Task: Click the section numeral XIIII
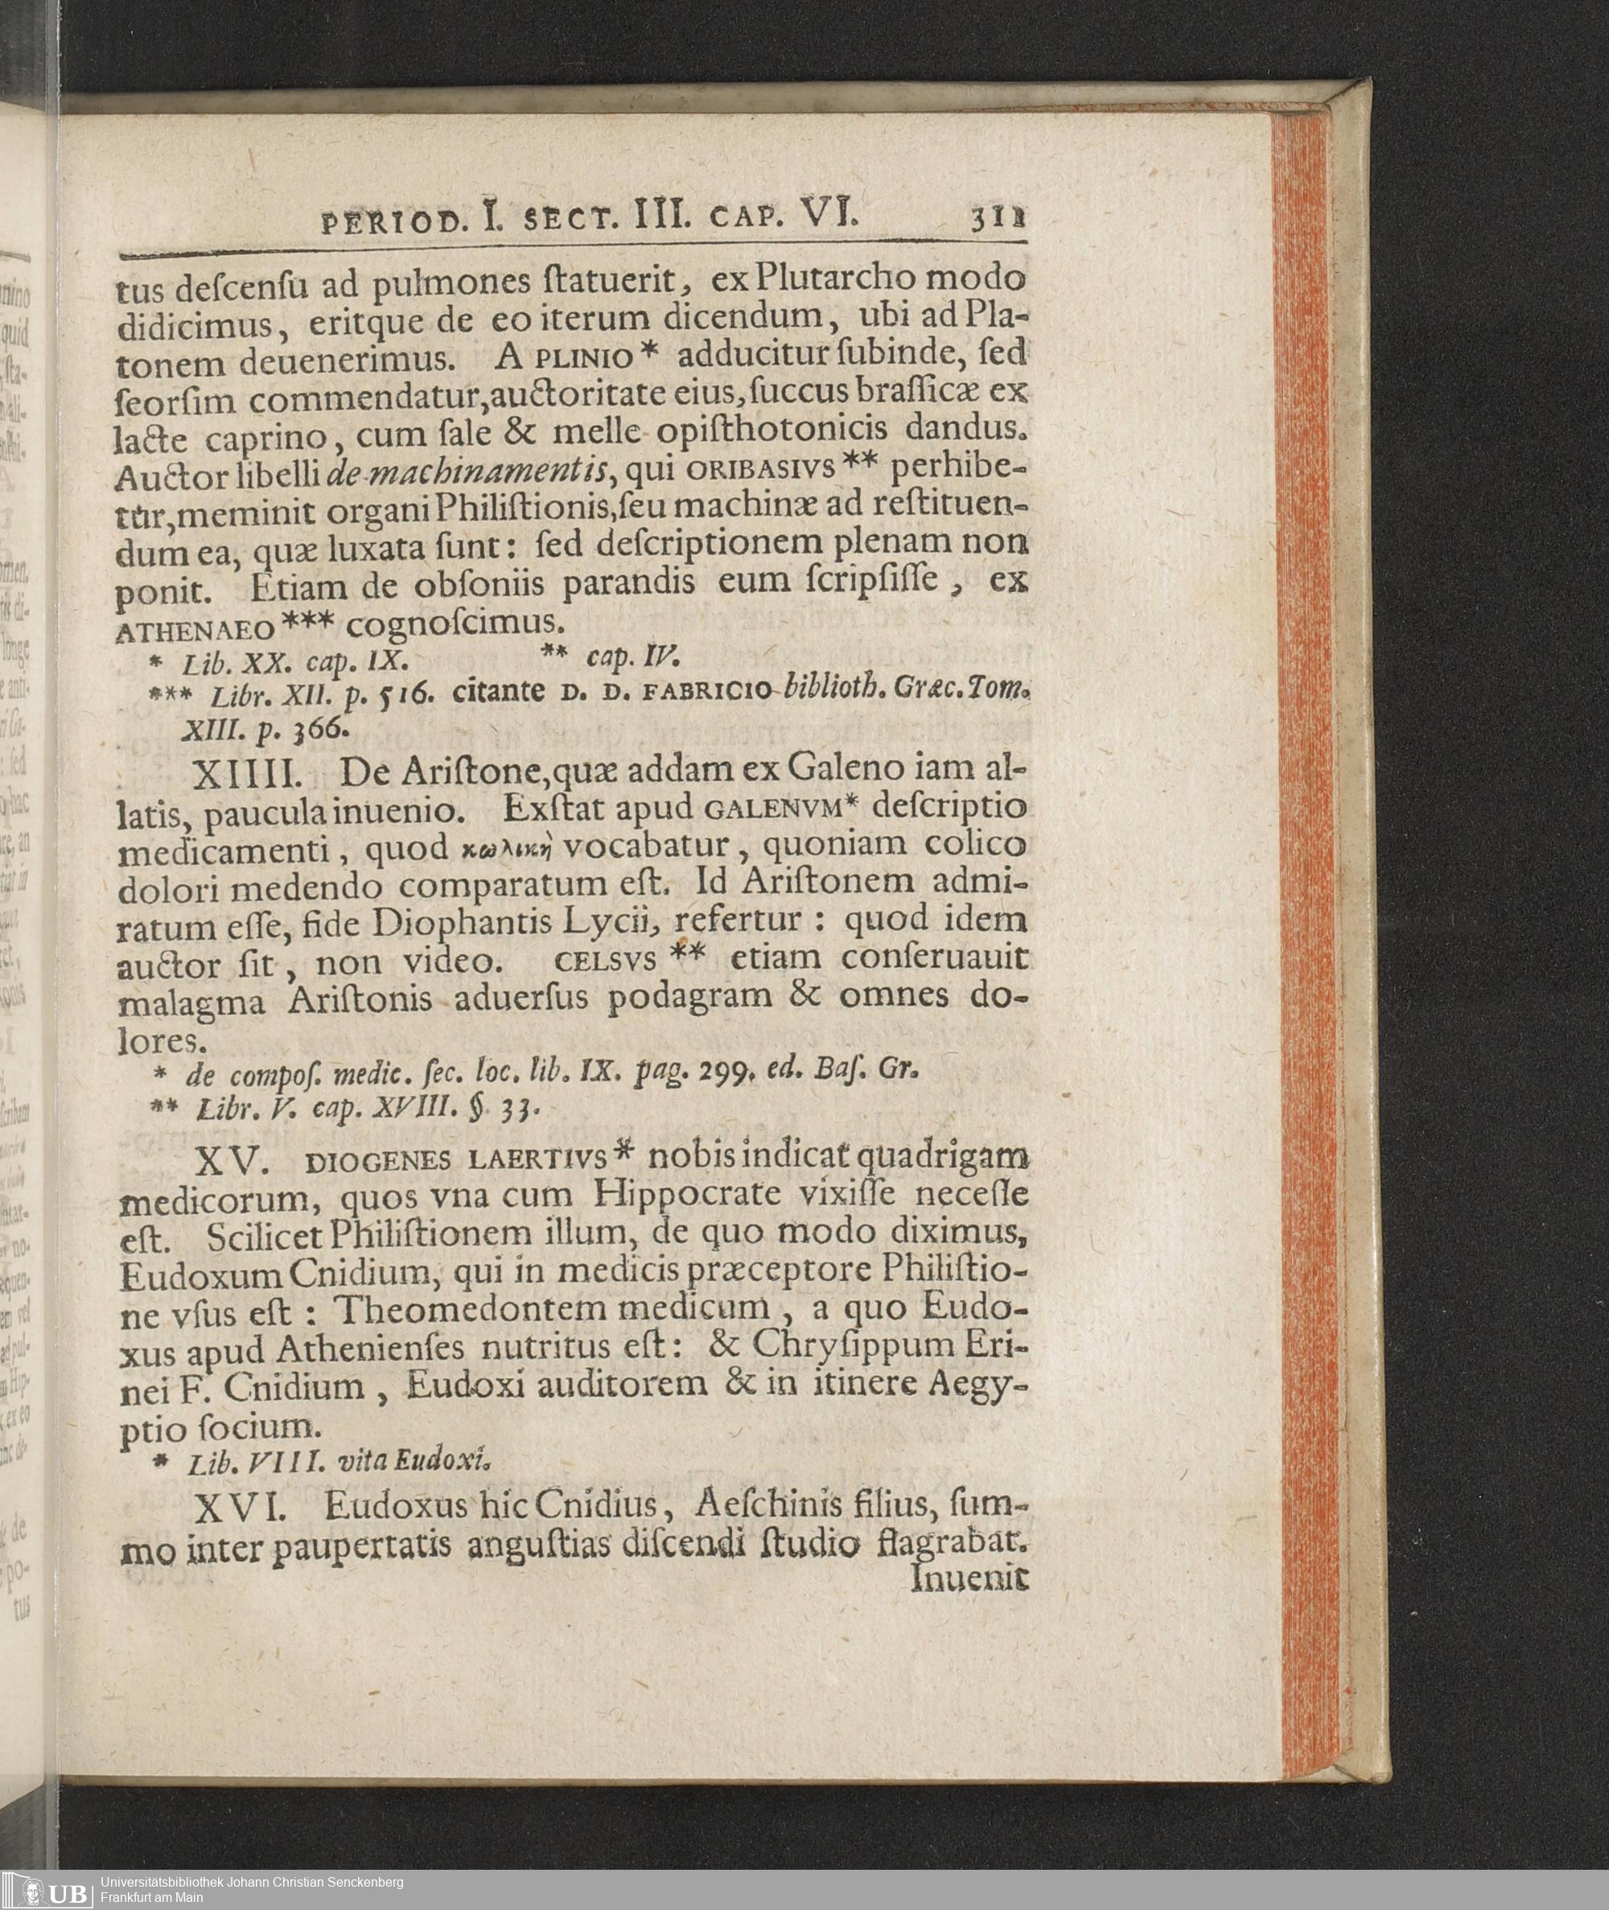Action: [x=247, y=776]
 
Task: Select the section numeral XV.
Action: [x=233, y=1161]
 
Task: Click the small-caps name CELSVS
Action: [x=605, y=961]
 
